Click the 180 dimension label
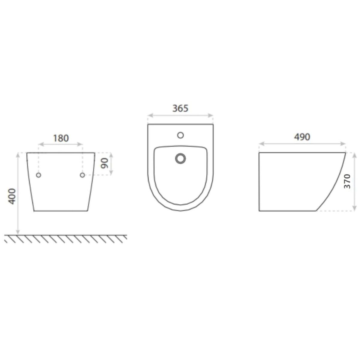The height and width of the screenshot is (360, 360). tap(61, 138)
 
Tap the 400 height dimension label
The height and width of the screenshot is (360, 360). tap(12, 196)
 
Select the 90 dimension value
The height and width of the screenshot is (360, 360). tap(105, 163)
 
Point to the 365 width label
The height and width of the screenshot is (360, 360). tap(180, 108)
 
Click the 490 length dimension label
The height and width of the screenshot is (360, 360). tap(302, 137)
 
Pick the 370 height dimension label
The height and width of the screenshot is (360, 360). tap(347, 181)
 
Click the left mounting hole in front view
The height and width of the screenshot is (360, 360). tap(38, 175)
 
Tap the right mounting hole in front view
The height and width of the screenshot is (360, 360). tap(82, 175)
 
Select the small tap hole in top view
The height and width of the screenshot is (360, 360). tap(180, 135)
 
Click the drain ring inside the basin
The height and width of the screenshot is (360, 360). tap(180, 158)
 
